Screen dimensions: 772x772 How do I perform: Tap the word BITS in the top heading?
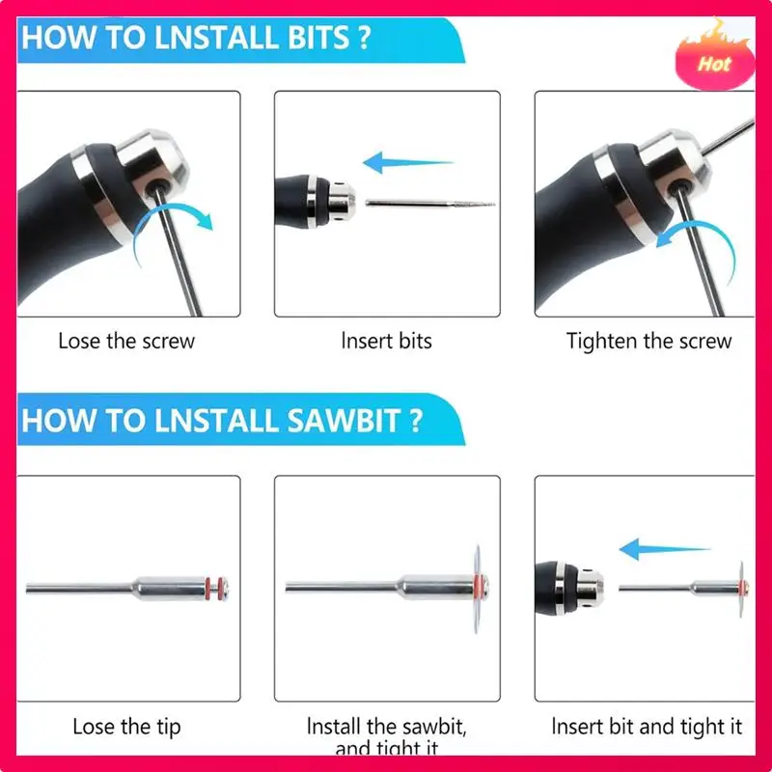point(318,38)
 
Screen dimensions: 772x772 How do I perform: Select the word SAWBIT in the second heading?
point(344,421)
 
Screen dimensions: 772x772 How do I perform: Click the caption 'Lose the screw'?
point(126,342)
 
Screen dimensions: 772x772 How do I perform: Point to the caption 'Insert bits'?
point(387,341)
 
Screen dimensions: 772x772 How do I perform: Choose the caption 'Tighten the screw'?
point(648,342)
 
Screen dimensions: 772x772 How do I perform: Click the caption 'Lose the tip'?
point(126,728)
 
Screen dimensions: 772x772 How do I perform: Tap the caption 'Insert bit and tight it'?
point(647,727)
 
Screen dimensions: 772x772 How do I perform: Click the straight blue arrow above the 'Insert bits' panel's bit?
point(408,162)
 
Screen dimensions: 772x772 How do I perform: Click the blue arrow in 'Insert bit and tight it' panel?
point(665,549)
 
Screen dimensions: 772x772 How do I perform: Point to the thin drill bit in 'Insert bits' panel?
point(430,204)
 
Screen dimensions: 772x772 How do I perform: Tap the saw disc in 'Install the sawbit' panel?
point(477,589)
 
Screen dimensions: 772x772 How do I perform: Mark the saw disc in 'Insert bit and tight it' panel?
point(741,589)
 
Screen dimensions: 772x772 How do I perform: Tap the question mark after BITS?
point(365,38)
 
